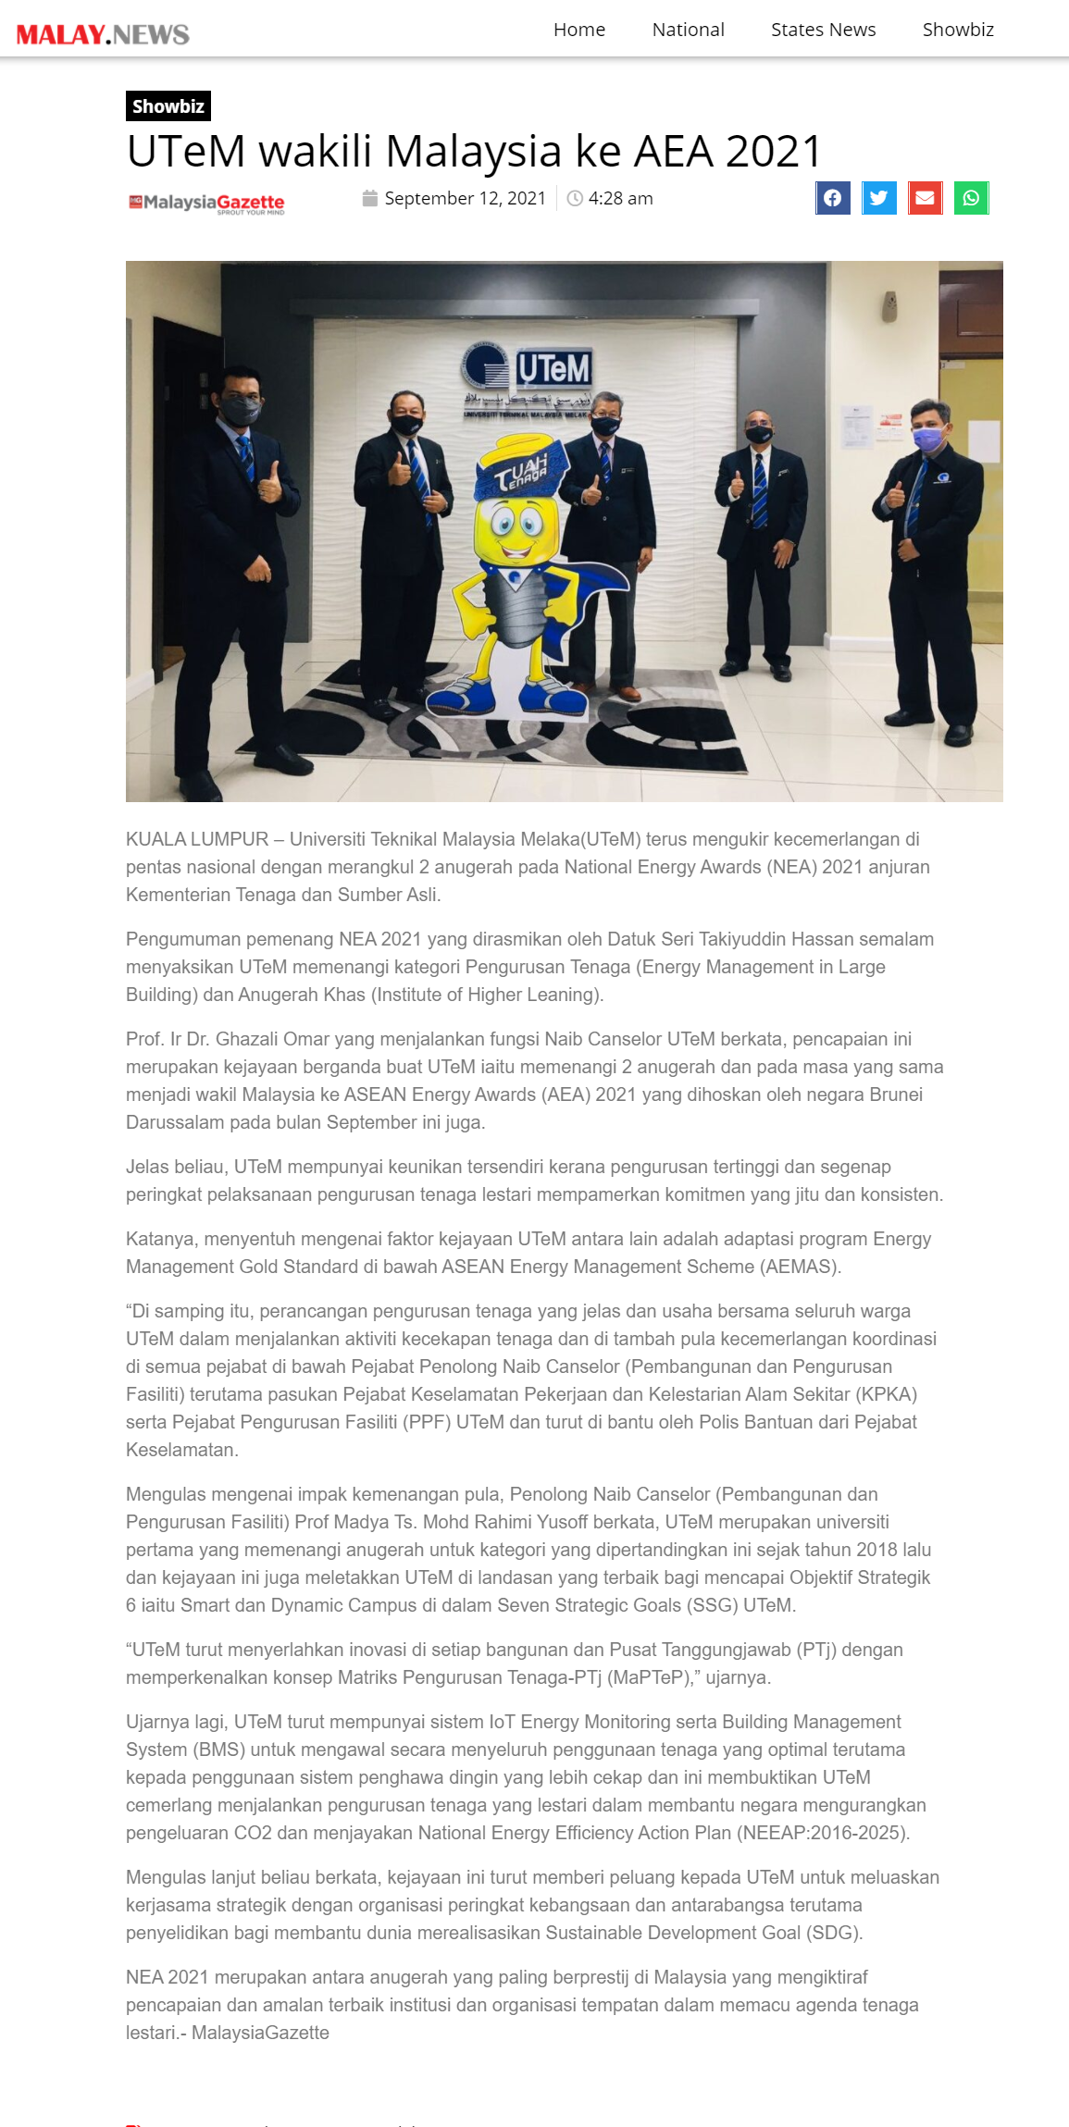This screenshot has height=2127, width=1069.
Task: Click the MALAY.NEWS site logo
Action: (x=103, y=34)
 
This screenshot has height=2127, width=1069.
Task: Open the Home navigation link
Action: (x=579, y=30)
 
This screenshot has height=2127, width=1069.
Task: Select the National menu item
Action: (x=688, y=30)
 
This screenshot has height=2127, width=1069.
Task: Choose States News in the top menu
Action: (x=823, y=30)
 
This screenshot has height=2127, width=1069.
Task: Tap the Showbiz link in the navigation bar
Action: (x=958, y=30)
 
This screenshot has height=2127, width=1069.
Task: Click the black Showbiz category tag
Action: (x=168, y=106)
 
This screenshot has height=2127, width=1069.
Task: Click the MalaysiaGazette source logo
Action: (x=206, y=203)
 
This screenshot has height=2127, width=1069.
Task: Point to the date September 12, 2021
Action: (x=465, y=198)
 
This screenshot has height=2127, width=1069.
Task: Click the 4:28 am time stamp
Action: (x=620, y=198)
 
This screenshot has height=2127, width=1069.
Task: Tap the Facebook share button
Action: (x=833, y=198)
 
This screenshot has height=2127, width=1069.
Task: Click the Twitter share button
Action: (x=879, y=198)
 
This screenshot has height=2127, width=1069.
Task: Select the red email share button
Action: (x=925, y=198)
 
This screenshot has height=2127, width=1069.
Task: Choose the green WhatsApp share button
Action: (x=971, y=198)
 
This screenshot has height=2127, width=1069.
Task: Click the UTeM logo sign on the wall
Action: (x=528, y=370)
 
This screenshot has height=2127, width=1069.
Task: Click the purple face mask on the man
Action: (x=927, y=439)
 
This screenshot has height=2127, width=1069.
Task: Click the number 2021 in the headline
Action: (x=774, y=152)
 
